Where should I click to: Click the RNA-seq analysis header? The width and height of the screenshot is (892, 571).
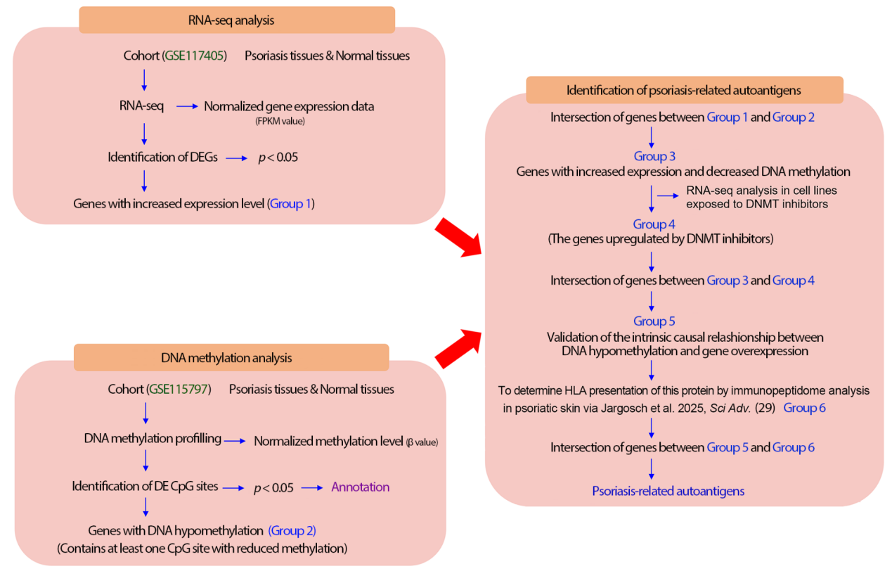[236, 20]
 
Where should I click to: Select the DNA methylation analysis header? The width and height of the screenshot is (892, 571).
[231, 358]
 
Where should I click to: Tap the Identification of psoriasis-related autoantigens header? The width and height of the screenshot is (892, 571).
[684, 90]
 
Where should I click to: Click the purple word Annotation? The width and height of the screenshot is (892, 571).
[360, 487]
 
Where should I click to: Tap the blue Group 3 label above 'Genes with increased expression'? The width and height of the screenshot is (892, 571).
[654, 156]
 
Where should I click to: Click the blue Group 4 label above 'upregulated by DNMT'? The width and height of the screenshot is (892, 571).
[654, 224]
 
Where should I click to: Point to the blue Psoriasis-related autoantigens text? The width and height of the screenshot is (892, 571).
[668, 491]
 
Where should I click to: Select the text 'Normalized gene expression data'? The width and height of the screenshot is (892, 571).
[289, 107]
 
